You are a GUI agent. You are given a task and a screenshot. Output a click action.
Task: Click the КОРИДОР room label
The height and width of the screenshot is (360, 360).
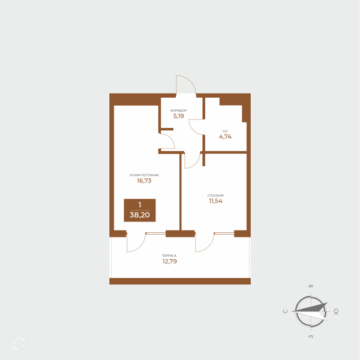[x=178, y=110]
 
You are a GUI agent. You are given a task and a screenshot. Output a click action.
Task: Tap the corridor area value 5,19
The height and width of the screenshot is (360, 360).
[x=178, y=116]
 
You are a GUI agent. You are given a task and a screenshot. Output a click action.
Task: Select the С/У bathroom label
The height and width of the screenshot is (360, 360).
[x=225, y=131]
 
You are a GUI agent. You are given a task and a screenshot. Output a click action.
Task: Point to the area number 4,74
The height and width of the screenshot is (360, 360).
[x=225, y=137]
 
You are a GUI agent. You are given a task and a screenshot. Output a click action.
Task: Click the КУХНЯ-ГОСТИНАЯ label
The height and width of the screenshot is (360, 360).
[x=144, y=175]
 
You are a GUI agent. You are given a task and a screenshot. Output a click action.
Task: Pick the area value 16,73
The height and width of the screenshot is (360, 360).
[x=144, y=181]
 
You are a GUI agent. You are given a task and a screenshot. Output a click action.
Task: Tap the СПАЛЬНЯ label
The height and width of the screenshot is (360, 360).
[x=215, y=196]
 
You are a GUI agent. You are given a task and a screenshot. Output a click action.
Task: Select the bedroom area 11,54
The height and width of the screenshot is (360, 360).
[x=215, y=201]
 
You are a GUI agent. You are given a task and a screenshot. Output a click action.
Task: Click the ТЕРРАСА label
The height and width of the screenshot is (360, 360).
[x=169, y=256]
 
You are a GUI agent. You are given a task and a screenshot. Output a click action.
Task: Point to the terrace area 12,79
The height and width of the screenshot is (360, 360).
[x=170, y=261]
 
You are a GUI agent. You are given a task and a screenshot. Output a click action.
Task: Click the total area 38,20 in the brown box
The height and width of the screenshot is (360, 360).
[x=140, y=215]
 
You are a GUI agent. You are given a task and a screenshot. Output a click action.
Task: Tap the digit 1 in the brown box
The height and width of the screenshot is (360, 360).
[x=140, y=205]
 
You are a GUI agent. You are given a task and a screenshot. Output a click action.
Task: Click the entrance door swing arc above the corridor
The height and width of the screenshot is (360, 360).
[x=191, y=81]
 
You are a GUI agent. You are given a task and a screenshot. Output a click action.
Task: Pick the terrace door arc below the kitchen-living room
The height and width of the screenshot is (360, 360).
[x=140, y=247]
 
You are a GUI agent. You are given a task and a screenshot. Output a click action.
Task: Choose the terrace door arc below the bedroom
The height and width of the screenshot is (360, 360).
[x=209, y=247]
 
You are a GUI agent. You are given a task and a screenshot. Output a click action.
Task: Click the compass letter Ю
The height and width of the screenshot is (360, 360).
[x=336, y=311]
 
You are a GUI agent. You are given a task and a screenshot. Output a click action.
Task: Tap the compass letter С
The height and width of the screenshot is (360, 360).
[x=286, y=311]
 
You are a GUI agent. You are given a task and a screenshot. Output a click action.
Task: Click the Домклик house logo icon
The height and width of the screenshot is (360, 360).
[x=19, y=343]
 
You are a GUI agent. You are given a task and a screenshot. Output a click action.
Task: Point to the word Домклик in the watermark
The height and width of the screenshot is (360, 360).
[x=53, y=344]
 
